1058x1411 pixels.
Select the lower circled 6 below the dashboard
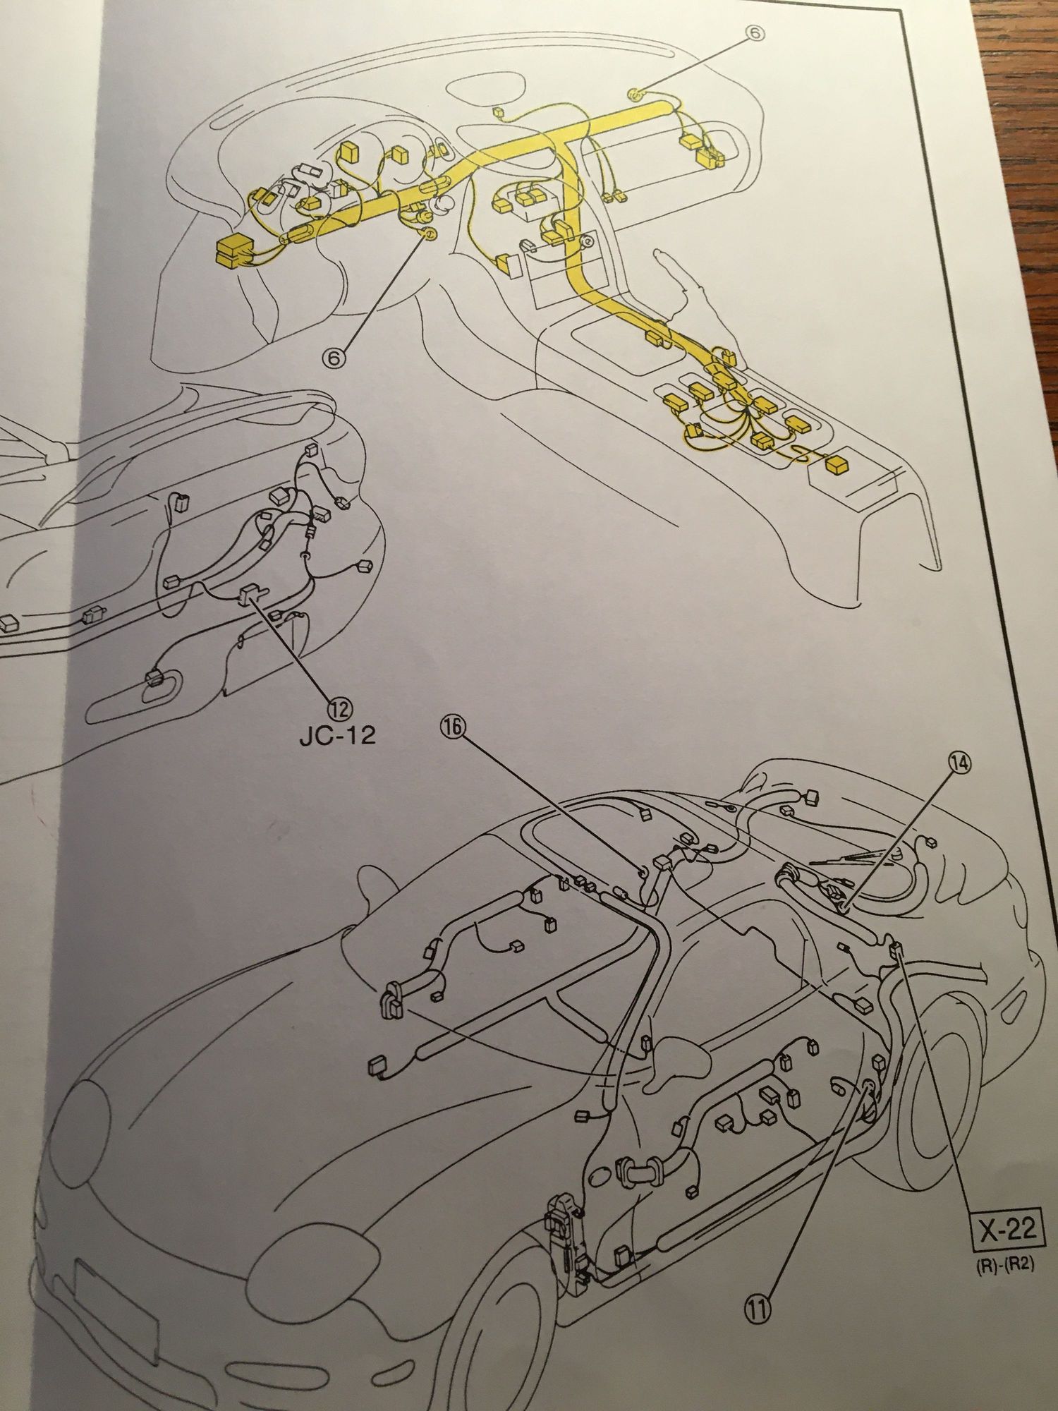[x=335, y=358]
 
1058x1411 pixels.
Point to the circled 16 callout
[x=454, y=729]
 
